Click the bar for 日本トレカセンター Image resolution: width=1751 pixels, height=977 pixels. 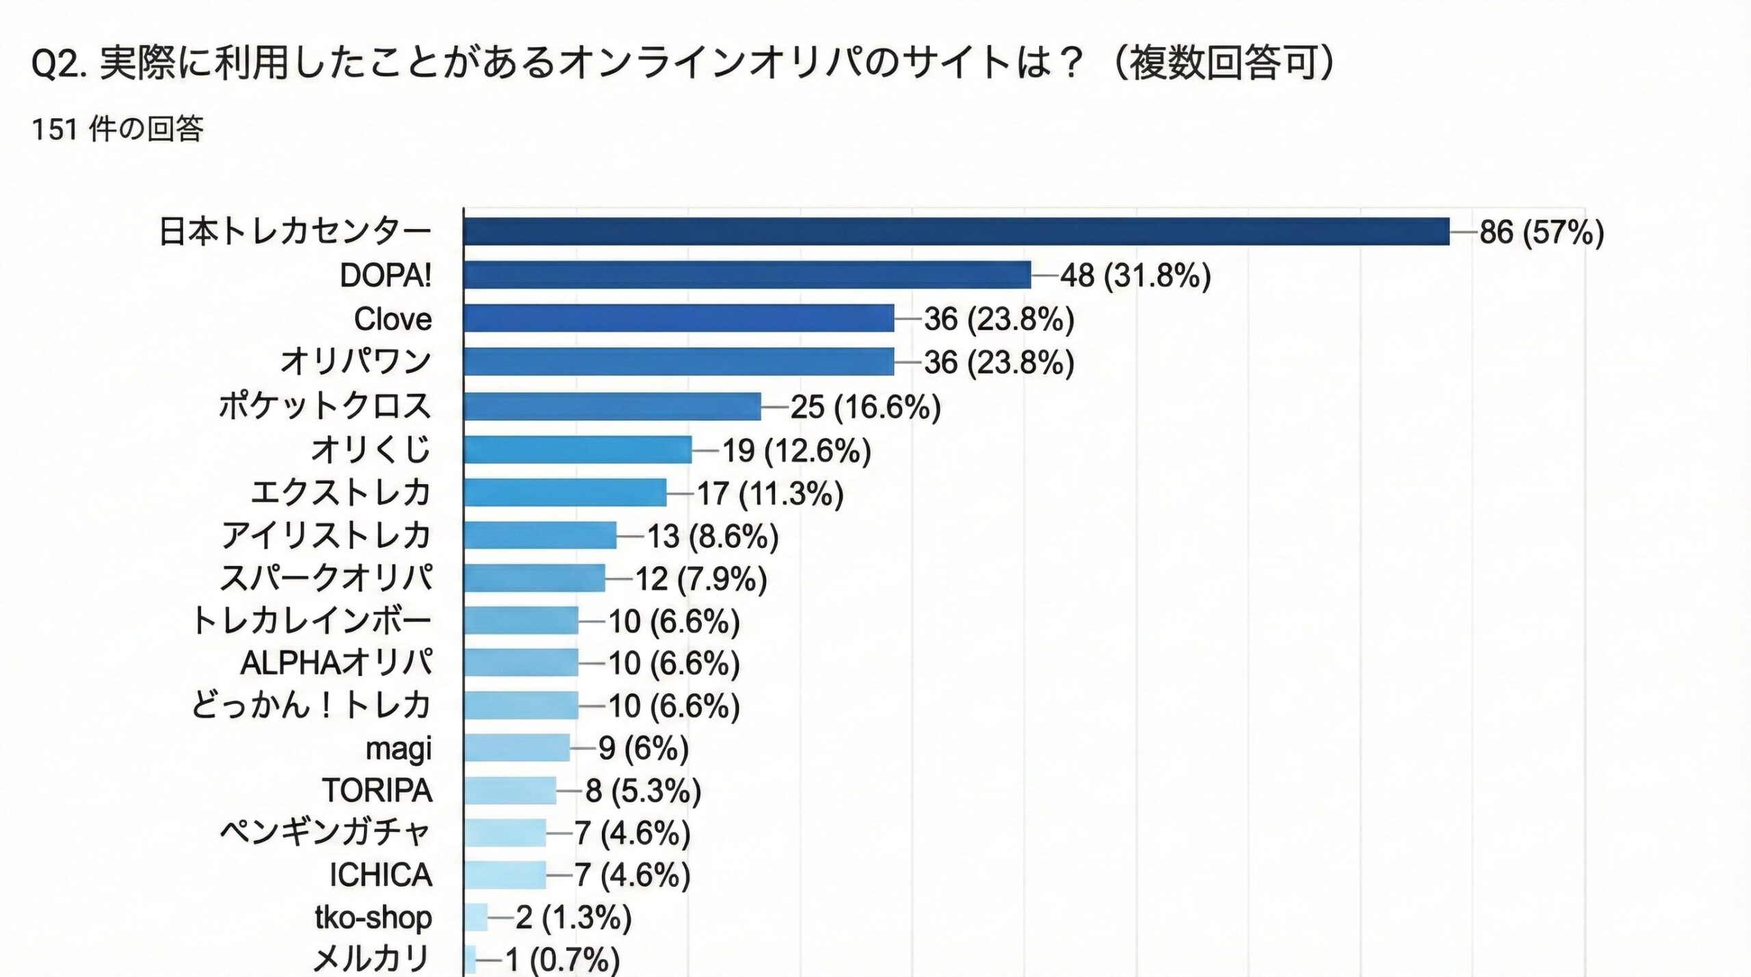point(956,231)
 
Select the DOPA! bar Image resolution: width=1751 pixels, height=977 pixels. point(747,275)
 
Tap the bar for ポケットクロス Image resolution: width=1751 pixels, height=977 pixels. point(611,406)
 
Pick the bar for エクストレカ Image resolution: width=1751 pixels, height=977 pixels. point(564,492)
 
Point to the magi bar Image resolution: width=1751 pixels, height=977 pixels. point(516,748)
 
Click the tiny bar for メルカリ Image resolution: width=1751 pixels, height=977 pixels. point(470,959)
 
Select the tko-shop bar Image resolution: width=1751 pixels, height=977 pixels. point(476,917)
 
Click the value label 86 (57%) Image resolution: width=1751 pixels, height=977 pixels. point(1541,232)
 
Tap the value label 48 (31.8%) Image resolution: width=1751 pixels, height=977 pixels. point(1135,276)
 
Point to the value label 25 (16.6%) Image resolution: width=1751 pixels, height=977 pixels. point(865,407)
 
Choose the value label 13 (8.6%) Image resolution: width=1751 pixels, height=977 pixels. point(713,536)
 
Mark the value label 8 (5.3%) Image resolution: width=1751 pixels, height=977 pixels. point(643,791)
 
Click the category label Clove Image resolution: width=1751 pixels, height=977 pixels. point(393,319)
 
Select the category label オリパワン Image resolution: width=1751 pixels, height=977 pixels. point(356,362)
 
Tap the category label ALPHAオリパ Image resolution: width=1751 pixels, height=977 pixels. point(336,663)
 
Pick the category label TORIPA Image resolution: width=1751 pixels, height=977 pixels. point(377,791)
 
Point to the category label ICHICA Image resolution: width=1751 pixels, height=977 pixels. point(380,875)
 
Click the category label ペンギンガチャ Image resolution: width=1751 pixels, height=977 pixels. point(325,833)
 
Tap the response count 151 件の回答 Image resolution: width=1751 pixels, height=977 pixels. point(118,129)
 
